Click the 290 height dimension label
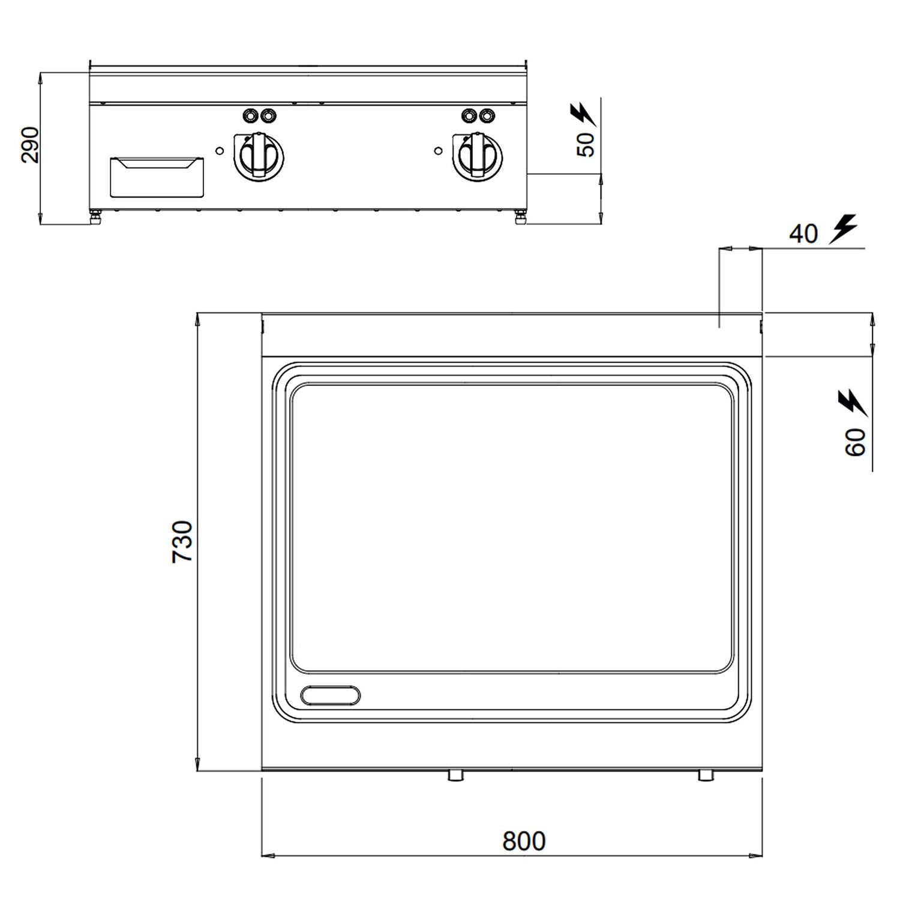30,145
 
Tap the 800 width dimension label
524,841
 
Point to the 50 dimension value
586,144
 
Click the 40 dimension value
803,233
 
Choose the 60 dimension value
856,442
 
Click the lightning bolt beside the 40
843,229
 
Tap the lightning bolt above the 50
582,114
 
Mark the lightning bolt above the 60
853,403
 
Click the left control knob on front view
259,155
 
